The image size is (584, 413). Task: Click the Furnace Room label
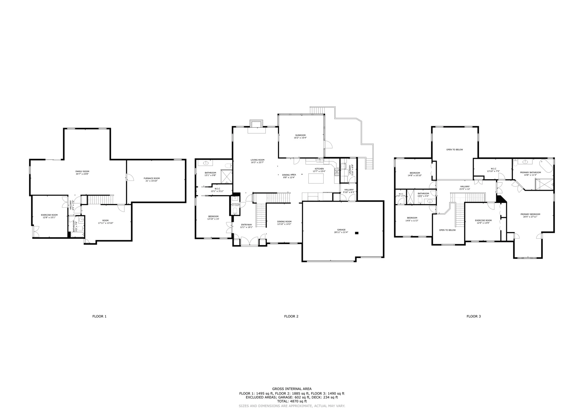[152, 178]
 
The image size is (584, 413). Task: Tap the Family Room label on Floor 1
[82, 171]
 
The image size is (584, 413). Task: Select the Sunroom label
[300, 135]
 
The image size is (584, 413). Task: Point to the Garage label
[341, 230]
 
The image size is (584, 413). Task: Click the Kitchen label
[319, 169]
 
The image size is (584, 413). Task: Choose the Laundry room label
[350, 169]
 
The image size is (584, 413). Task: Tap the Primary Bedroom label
[530, 214]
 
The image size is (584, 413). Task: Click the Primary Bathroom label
[530, 172]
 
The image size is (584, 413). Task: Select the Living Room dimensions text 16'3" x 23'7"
[257, 162]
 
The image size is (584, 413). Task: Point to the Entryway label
[246, 224]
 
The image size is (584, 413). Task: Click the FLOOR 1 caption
[99, 316]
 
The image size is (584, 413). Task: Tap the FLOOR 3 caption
[473, 316]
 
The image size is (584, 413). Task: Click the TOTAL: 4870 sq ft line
[292, 401]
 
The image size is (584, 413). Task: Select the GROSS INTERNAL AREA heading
[292, 389]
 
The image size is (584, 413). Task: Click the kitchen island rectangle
[316, 178]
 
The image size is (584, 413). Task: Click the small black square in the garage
[357, 233]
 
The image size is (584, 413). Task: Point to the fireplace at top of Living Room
[256, 124]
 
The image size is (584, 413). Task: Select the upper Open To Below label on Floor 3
[455, 150]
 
